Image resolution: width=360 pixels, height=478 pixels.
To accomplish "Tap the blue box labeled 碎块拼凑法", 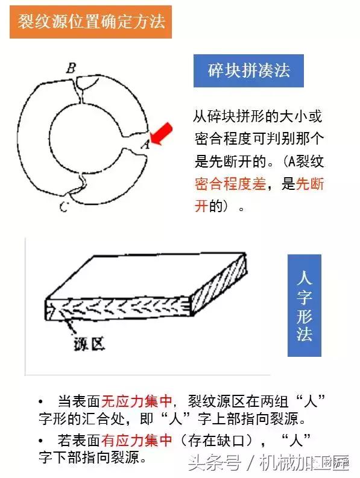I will pyautogui.click(x=248, y=71).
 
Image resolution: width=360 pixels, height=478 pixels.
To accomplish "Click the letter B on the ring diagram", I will pyautogui.click(x=71, y=68).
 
